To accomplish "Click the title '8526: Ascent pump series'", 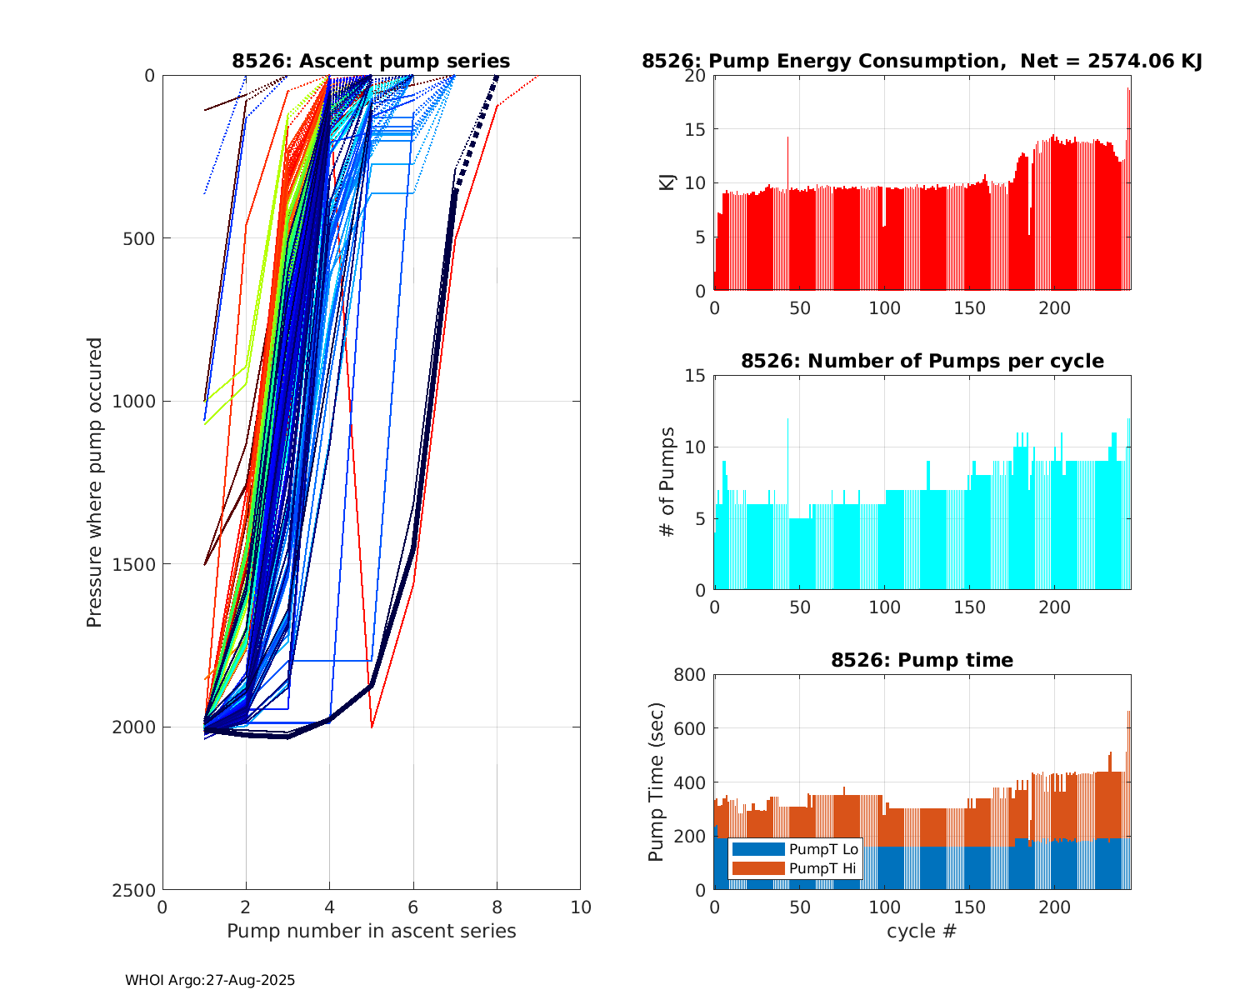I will point(371,61).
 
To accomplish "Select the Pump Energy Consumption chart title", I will point(922,61).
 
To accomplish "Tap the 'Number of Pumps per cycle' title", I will point(922,361).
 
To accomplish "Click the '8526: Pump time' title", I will point(922,660).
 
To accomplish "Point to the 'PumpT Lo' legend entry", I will point(823,849).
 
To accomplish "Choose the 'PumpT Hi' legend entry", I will point(823,868).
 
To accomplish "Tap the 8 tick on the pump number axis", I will point(497,907).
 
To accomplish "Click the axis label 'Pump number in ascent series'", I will point(371,931).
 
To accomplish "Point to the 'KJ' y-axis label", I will point(667,182).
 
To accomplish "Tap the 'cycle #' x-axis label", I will point(922,931).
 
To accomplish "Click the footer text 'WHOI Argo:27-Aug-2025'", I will point(210,981).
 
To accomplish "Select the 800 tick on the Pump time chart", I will point(693,675).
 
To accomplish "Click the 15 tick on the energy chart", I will point(698,129).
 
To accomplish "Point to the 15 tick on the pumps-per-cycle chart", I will point(698,376).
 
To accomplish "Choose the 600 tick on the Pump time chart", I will point(693,729).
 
